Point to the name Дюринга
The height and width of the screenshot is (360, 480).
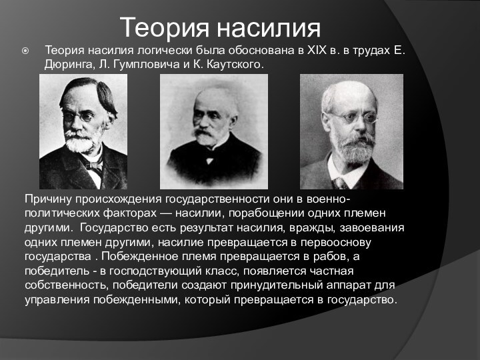tap(69, 65)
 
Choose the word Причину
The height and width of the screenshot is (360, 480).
tap(49, 199)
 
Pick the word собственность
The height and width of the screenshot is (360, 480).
tap(65, 285)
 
